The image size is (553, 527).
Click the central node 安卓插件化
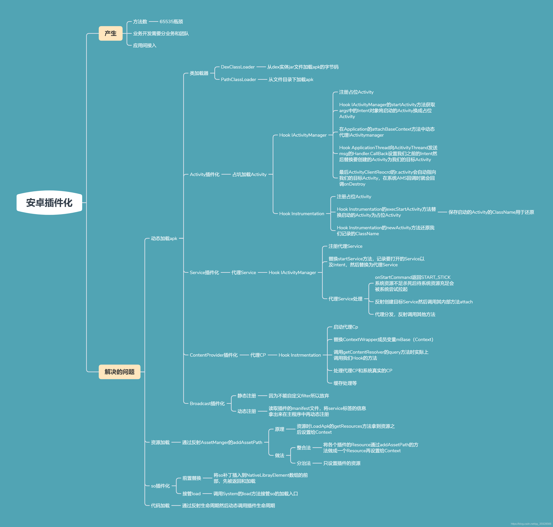coord(49,202)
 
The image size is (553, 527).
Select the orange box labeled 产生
coord(111,33)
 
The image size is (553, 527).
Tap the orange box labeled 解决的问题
coord(120,372)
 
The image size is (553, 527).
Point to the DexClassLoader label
coord(238,67)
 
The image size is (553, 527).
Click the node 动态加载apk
coord(164,239)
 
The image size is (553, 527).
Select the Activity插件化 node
coord(204,175)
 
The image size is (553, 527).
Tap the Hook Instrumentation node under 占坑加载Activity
coord(302,214)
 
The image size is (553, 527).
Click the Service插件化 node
coord(204,272)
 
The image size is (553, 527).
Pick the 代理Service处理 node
coord(345,299)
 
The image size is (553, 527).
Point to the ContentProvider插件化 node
coord(214,355)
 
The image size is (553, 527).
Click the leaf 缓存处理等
coord(345,383)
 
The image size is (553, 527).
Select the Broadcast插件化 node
coord(207,403)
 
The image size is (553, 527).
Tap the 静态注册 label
coord(247,396)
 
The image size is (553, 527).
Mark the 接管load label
coord(191,494)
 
